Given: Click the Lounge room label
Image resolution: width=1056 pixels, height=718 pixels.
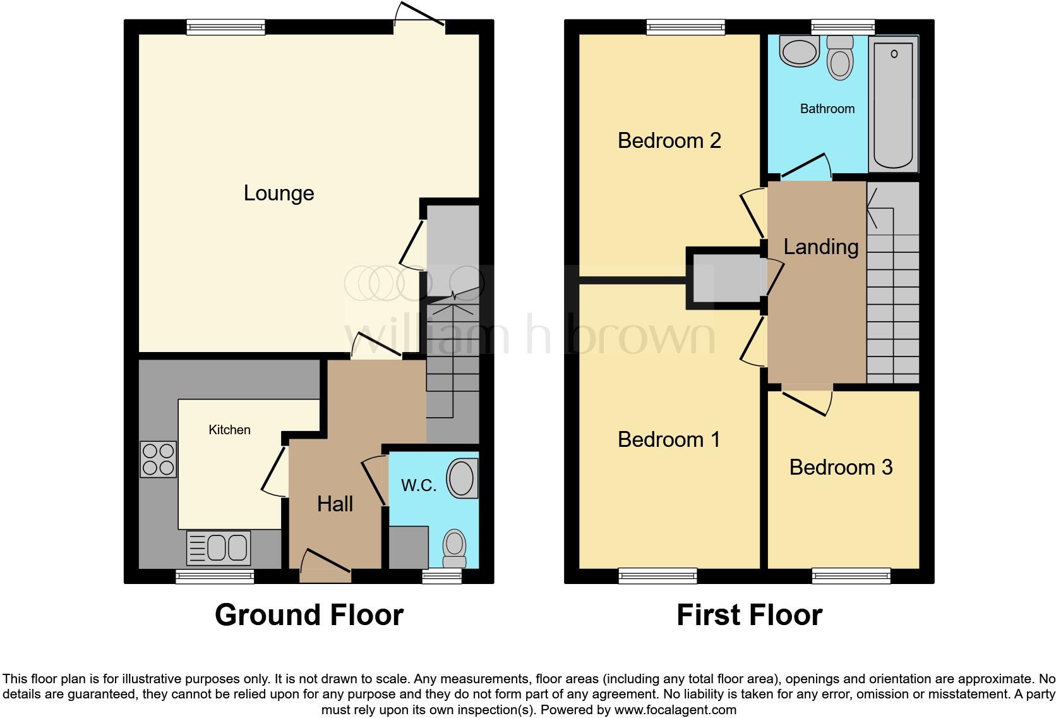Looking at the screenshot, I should [279, 193].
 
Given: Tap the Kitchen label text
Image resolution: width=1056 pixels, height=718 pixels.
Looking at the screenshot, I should [229, 430].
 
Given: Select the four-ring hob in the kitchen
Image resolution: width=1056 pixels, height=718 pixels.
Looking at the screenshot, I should [158, 459].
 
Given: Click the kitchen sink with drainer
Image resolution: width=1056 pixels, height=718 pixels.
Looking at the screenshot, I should [219, 547].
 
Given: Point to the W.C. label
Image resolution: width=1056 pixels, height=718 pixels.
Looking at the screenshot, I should [418, 485].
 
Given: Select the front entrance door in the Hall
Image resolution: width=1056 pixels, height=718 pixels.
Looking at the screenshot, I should [326, 566].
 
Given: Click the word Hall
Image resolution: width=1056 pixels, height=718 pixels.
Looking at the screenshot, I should [335, 504].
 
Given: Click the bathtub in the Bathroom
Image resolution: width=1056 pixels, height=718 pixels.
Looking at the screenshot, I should [893, 104].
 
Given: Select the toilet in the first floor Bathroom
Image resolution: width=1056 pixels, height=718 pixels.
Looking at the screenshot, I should [840, 58].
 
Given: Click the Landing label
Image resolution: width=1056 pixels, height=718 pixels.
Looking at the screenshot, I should [820, 247].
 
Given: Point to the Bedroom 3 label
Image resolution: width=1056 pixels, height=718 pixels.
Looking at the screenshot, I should [841, 467].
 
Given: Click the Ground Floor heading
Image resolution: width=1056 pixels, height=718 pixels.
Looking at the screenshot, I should [309, 615].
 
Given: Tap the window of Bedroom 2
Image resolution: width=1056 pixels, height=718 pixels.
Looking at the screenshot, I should [685, 27].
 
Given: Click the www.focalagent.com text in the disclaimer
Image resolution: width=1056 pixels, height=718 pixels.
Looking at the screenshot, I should [675, 710].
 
